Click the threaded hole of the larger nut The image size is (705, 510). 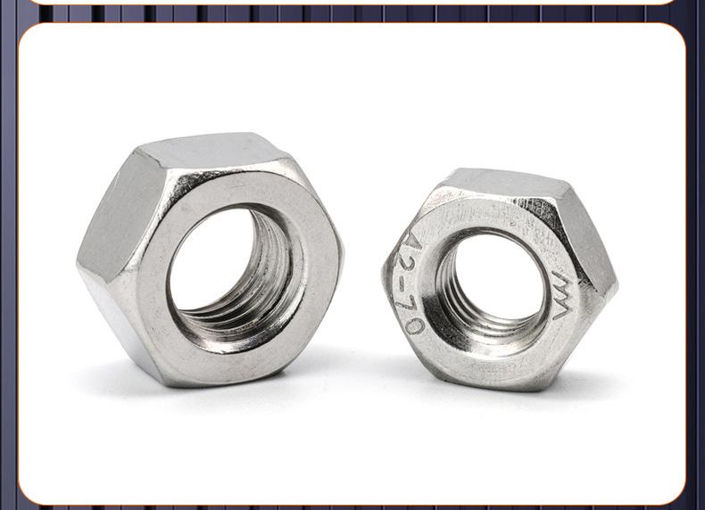coord(237,276)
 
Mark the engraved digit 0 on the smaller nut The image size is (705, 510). coord(415,325)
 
